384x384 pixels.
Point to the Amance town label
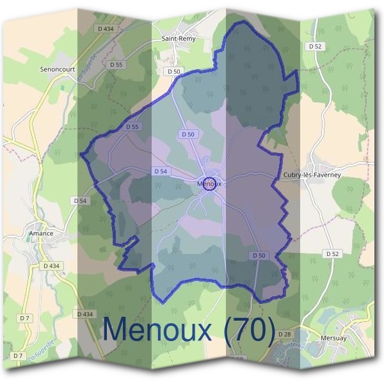[40, 234]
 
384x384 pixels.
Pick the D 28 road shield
[285, 334]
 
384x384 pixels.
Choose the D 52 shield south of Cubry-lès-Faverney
[332, 253]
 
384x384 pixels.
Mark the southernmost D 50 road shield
[259, 255]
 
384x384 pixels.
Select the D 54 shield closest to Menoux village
[161, 172]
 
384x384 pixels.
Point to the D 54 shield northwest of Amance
[80, 200]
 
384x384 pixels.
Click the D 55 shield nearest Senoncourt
[116, 65]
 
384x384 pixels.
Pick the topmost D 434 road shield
[106, 29]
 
